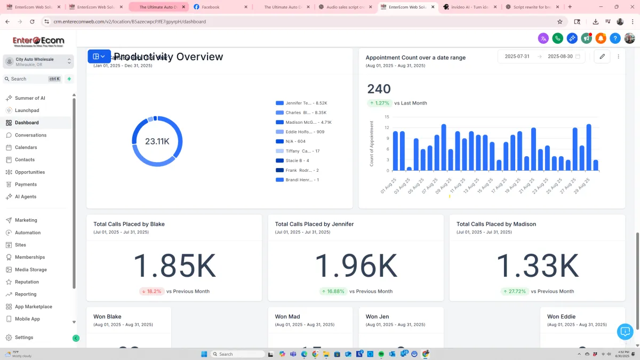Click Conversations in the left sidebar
30,135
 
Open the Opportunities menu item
30,172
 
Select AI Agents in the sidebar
26,197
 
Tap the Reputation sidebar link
27,282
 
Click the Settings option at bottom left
24,338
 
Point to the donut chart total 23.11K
157,141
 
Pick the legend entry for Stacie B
297,161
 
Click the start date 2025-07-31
517,57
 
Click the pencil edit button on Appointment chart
602,57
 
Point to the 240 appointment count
379,89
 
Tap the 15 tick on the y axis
387,117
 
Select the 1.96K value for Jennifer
356,266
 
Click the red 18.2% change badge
151,292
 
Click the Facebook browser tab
211,7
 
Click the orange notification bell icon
601,38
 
